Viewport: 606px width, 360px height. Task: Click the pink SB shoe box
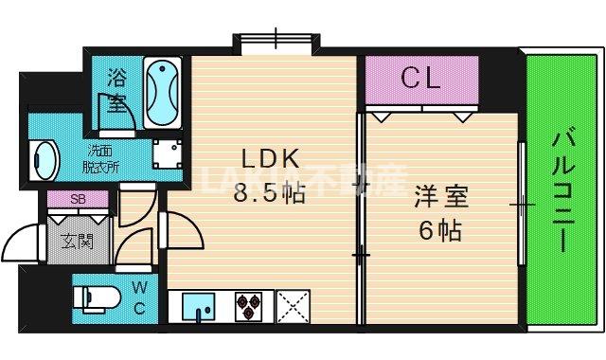(78, 200)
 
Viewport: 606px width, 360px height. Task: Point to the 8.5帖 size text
(270, 194)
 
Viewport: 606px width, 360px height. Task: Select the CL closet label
(420, 79)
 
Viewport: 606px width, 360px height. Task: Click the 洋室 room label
(440, 197)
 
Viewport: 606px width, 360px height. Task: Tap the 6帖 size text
(441, 229)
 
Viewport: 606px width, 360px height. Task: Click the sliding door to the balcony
(522, 204)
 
